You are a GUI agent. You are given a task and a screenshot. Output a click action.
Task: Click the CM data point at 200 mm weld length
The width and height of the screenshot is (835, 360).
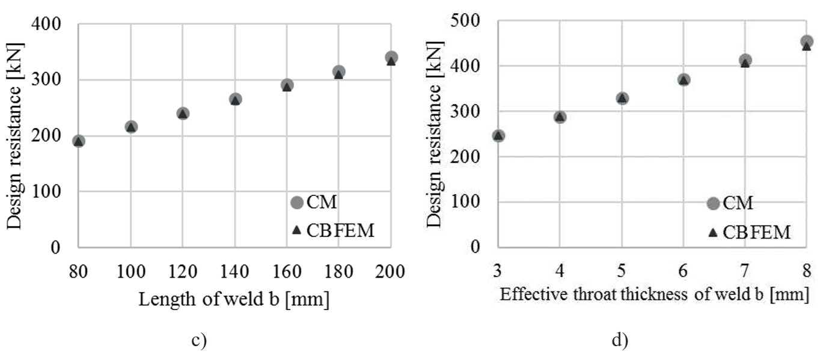391,58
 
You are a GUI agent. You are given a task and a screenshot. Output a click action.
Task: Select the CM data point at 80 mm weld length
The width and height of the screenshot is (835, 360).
79,141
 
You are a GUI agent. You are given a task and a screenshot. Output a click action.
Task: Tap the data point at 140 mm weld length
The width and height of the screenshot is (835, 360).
235,99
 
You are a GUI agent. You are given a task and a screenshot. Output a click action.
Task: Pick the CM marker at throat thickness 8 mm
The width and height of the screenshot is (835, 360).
807,42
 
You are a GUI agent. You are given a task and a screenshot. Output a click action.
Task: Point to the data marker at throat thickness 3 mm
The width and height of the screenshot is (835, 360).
498,136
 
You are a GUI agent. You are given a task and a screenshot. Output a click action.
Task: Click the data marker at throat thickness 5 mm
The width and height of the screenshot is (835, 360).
622,98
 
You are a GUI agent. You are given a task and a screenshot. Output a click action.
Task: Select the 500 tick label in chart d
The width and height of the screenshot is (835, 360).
468,21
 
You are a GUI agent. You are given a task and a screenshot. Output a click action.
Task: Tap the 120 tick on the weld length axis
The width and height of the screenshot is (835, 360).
183,271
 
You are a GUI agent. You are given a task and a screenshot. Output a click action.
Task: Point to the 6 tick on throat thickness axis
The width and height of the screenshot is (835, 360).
684,271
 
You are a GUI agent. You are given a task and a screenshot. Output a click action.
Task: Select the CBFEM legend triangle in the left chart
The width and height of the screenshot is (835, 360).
296,230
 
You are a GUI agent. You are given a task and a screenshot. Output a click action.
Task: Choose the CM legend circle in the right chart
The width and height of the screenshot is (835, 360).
713,203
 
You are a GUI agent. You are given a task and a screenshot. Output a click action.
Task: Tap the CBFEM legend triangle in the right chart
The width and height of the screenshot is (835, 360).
713,233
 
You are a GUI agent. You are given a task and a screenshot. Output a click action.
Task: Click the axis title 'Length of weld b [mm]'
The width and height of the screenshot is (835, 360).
234,299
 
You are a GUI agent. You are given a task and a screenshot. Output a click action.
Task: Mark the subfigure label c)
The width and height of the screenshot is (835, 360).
199,341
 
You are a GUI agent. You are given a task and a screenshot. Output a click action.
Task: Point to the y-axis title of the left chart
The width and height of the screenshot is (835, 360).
15,135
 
